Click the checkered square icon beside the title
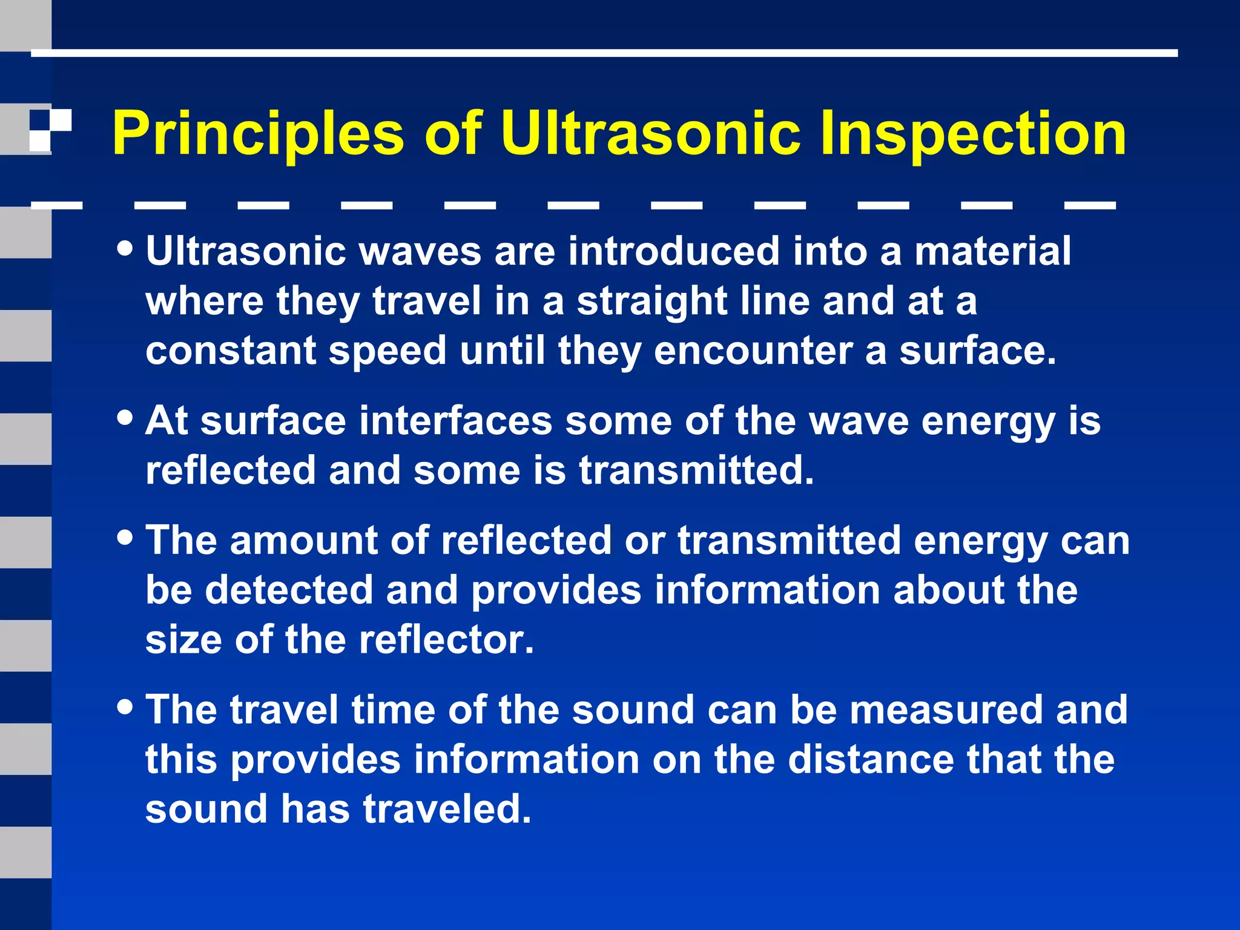50,130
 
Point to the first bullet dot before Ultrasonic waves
125,249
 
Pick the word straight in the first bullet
651,301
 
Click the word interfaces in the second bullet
455,420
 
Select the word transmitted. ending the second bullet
696,470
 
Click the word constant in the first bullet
231,351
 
